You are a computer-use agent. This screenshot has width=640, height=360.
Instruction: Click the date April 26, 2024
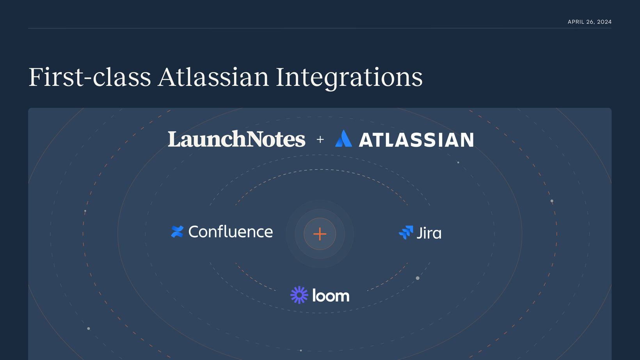(x=589, y=22)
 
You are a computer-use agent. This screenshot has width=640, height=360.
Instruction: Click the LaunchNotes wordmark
(x=236, y=139)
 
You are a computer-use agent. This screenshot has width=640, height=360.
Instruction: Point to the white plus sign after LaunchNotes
(x=320, y=139)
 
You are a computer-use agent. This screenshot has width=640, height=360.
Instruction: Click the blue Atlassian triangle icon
(x=343, y=139)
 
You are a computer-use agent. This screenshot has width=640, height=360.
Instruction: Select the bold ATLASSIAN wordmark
(x=416, y=140)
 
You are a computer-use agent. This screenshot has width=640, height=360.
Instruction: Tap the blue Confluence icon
(x=177, y=232)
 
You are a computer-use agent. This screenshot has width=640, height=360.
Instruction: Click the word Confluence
(x=231, y=232)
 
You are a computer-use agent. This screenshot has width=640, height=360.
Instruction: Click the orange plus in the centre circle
(x=320, y=234)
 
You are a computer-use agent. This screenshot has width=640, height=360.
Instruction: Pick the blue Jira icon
(x=406, y=232)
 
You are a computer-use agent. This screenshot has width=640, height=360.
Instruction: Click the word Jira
(x=429, y=233)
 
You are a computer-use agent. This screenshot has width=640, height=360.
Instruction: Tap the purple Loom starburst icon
(x=299, y=295)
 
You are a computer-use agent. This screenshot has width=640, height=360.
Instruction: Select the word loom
(x=331, y=295)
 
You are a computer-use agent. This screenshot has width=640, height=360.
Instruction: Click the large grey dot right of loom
(x=418, y=278)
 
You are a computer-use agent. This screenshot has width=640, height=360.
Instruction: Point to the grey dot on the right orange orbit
(x=552, y=201)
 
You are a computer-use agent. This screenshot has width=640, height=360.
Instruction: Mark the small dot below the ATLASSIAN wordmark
(x=458, y=162)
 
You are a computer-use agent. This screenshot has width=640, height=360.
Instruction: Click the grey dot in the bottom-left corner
(x=89, y=328)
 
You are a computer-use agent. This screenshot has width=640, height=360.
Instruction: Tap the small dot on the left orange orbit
(x=85, y=211)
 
